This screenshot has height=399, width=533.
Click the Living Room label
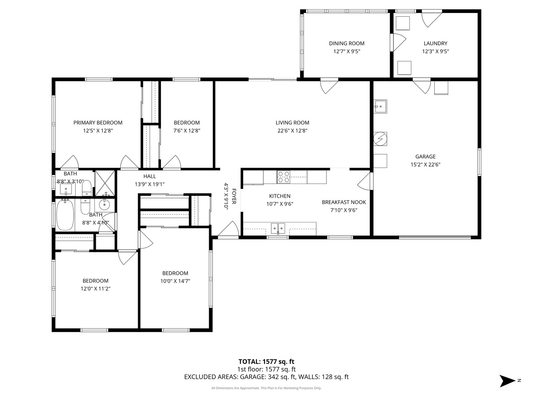click(x=292, y=123)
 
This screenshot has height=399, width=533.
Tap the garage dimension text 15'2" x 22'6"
click(x=425, y=165)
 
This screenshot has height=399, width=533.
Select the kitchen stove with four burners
click(x=284, y=177)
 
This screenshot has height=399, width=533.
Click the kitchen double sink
click(x=278, y=228)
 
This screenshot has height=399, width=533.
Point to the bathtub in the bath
click(x=66, y=215)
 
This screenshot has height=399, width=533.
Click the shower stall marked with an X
click(x=105, y=183)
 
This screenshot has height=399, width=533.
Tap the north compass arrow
click(x=507, y=381)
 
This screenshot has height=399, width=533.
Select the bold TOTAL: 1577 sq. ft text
click(x=266, y=361)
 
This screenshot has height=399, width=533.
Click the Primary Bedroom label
click(x=98, y=123)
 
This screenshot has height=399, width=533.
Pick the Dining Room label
click(x=346, y=43)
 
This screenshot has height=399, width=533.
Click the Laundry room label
click(x=435, y=43)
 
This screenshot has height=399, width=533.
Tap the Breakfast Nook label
click(x=343, y=202)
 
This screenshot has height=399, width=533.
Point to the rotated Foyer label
click(x=234, y=197)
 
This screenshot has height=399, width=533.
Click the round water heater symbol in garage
click(x=380, y=139)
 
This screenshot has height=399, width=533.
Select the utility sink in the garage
click(x=380, y=106)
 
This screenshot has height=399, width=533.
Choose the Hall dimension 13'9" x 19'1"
click(x=150, y=184)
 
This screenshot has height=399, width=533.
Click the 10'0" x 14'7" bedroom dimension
click(x=175, y=281)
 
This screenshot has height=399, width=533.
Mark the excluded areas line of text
click(x=266, y=377)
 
